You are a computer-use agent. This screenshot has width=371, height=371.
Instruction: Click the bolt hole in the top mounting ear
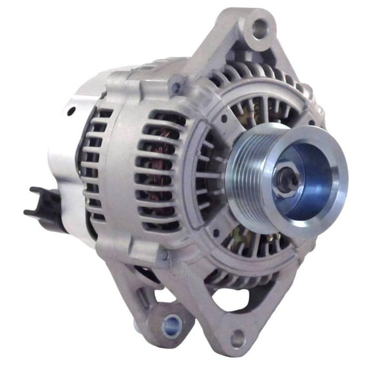[260, 27]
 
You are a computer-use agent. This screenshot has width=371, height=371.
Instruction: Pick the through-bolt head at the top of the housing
[175, 84]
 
